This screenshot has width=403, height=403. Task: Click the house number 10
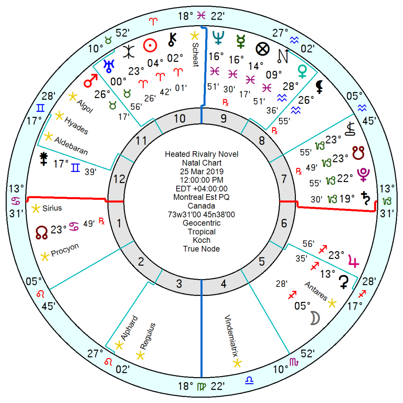180,118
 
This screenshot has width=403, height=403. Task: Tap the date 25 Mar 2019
201,172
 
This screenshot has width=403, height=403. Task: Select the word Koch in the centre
201,240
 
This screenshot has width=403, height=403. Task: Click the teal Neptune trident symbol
217,37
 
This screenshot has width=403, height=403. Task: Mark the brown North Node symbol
41,231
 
